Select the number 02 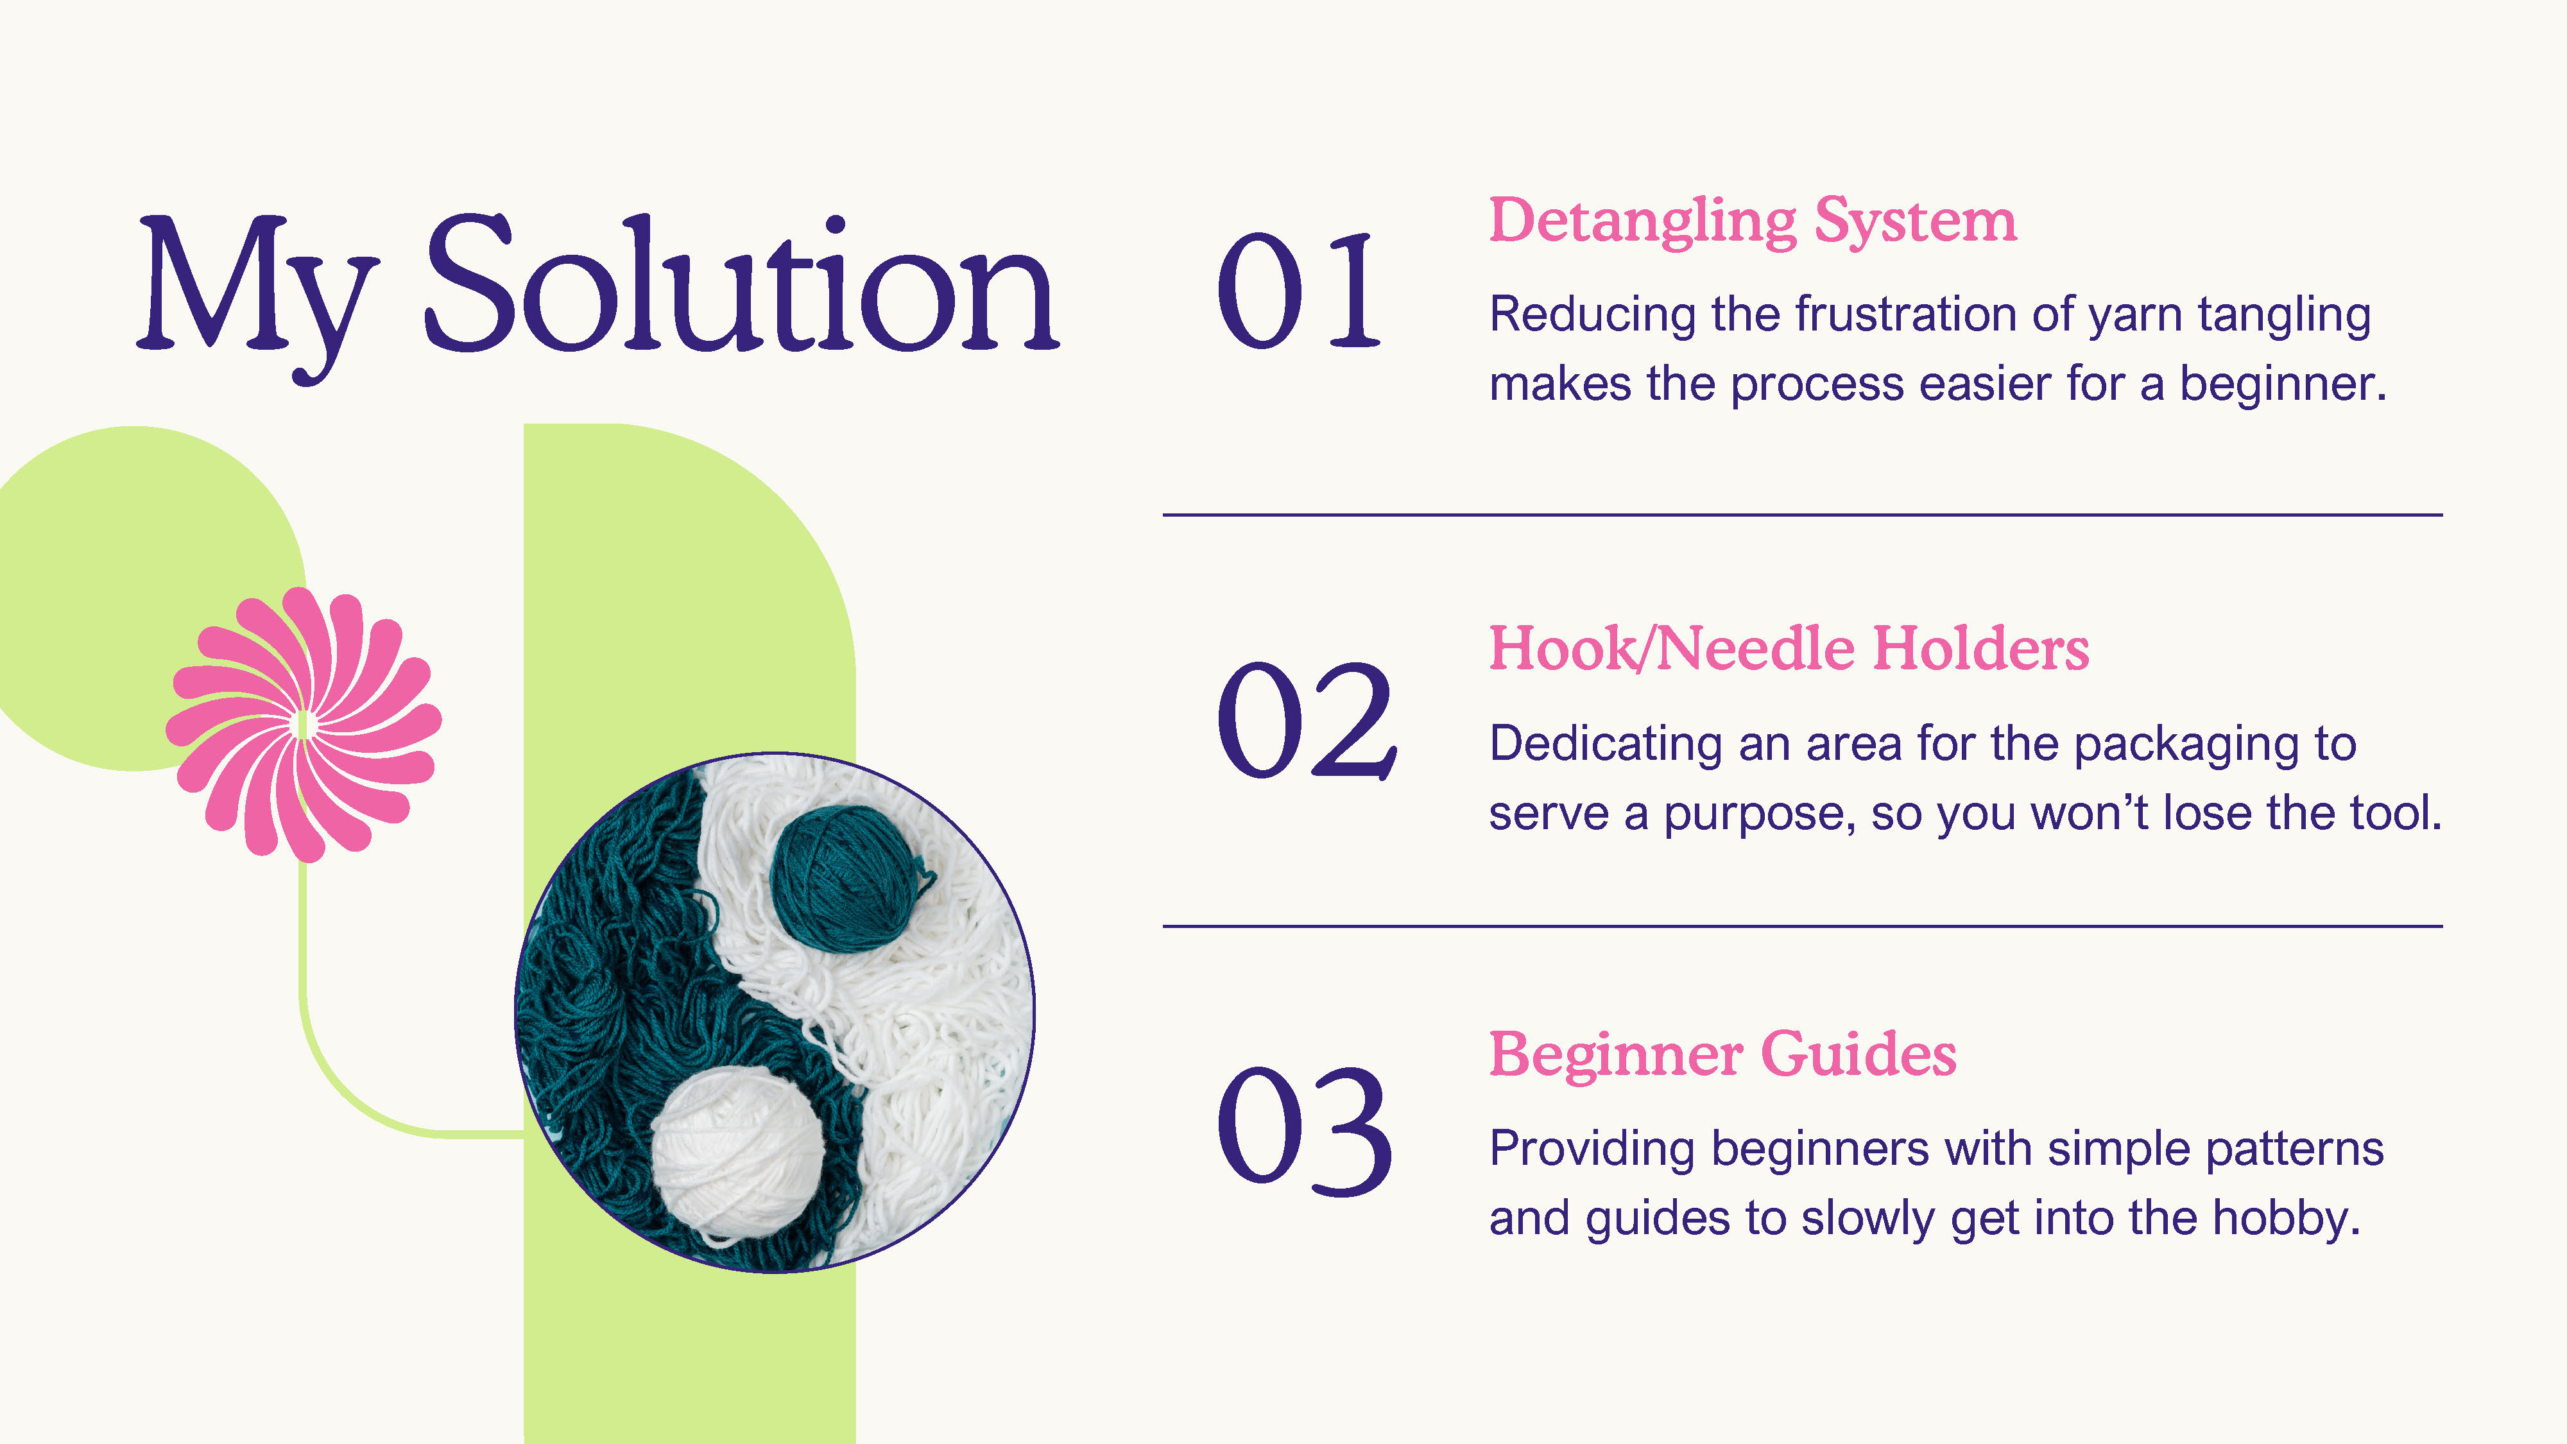[x=1305, y=719]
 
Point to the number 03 [x=1303, y=1130]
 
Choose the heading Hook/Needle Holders [x=1789, y=649]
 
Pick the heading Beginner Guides [x=1722, y=1054]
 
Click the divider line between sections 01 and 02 [x=1803, y=515]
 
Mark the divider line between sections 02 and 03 [x=1803, y=927]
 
